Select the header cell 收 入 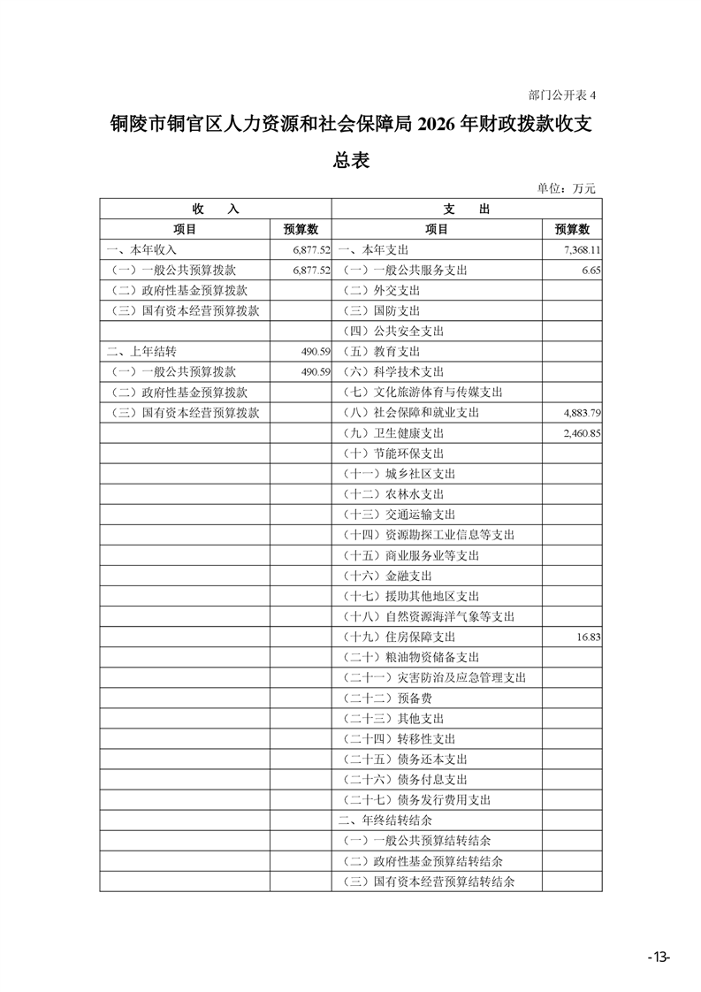click(x=215, y=210)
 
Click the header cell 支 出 click(x=466, y=210)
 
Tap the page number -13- click(x=659, y=958)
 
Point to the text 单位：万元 click(x=567, y=187)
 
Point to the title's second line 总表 click(x=350, y=160)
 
